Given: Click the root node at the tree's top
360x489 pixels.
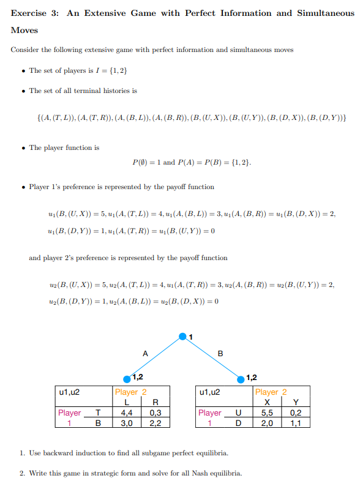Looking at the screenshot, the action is [x=182, y=335].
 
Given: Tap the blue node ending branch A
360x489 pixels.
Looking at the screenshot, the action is [x=127, y=378].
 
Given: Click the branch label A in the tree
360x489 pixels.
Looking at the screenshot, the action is [x=145, y=353].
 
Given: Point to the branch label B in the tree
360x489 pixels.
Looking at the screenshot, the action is [x=220, y=353].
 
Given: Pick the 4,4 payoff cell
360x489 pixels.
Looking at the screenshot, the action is [x=127, y=412].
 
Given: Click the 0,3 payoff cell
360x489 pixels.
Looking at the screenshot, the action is [x=155, y=412].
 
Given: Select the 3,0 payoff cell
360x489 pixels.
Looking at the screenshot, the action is [x=127, y=422].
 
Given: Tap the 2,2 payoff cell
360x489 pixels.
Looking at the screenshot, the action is [x=155, y=422].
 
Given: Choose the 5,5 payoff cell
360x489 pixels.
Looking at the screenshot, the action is [x=268, y=412].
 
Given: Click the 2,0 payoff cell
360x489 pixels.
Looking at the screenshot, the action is [x=268, y=422].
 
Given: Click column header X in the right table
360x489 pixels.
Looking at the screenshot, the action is [x=268, y=402].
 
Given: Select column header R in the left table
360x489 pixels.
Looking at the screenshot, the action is [x=155, y=402].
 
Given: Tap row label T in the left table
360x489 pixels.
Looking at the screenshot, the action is [x=97, y=412].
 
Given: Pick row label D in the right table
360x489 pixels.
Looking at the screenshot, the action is [x=238, y=422].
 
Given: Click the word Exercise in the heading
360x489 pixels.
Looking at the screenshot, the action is [x=31, y=13].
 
